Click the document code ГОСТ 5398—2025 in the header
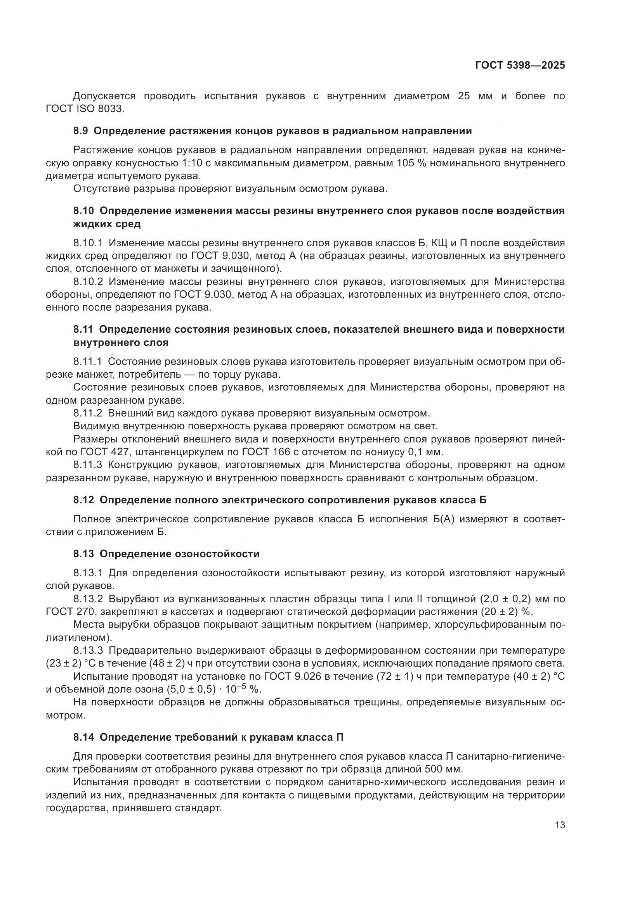(520, 66)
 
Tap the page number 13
(560, 825)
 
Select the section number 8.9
(81, 131)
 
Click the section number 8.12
(83, 500)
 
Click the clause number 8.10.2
(88, 282)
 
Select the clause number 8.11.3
(88, 465)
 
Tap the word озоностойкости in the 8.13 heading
(217, 554)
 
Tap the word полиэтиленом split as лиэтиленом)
(80, 638)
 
